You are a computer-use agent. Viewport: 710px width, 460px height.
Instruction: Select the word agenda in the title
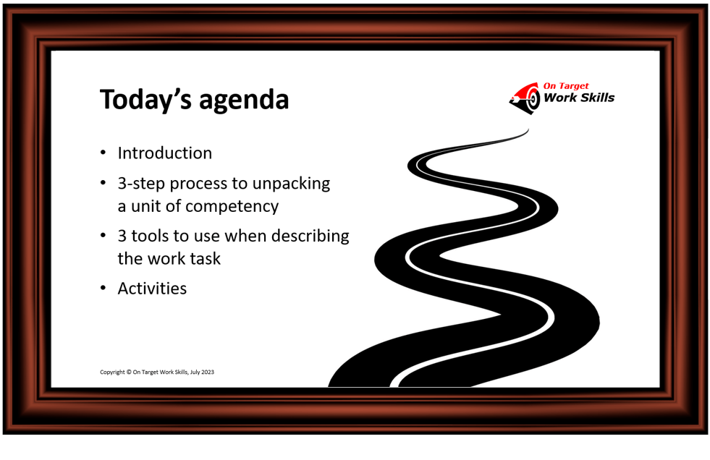244,101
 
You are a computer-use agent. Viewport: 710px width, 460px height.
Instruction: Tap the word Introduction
165,153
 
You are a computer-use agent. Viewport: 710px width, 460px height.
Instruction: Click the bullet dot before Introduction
103,153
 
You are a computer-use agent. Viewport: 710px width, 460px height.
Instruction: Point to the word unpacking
291,184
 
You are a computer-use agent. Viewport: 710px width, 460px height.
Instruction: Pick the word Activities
152,289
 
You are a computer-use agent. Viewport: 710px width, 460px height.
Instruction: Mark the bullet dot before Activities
103,288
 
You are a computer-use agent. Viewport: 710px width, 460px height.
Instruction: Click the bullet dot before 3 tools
103,236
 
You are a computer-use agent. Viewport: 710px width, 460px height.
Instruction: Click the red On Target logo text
566,86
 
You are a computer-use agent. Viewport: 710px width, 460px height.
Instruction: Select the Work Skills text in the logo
579,98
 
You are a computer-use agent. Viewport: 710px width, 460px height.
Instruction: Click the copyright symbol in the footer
129,372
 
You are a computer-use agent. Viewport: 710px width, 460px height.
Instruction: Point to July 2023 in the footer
202,372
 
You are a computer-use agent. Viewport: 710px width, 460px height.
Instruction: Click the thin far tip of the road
528,129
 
